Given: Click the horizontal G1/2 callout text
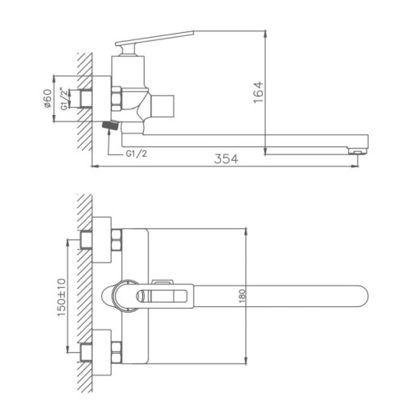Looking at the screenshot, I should pos(137,154).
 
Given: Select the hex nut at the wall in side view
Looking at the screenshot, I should pos(113,99).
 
